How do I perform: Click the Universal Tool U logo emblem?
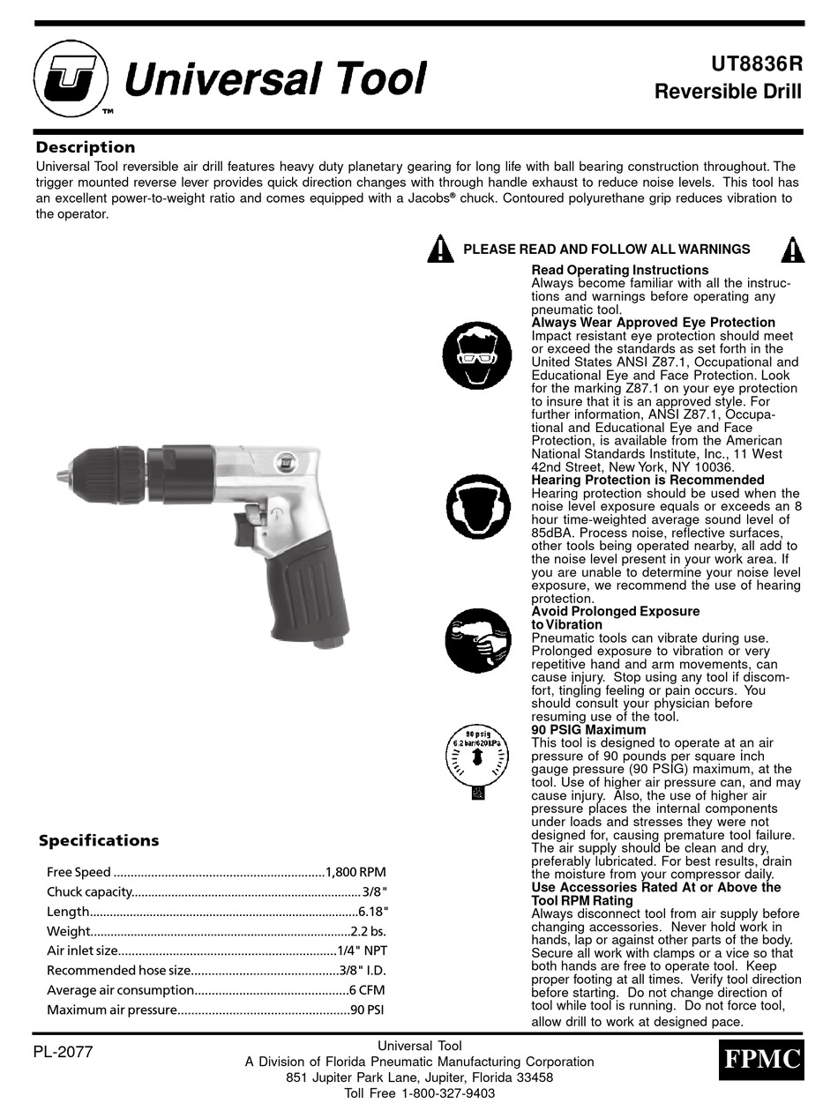(x=71, y=80)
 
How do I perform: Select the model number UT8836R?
(x=756, y=64)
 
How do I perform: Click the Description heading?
(x=86, y=147)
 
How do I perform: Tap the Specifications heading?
(x=99, y=840)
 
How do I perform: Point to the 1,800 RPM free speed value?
(x=355, y=872)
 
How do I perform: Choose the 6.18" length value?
(x=373, y=911)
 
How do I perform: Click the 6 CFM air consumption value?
(x=366, y=990)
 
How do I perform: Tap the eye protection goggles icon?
(x=476, y=356)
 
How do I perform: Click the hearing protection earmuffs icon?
(x=476, y=509)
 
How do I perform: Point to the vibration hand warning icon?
(x=476, y=640)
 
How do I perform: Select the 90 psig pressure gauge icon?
(x=477, y=760)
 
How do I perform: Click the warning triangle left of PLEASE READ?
(x=440, y=250)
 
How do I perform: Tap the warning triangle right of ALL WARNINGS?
(x=792, y=250)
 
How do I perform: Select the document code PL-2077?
(x=63, y=1051)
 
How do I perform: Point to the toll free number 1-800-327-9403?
(x=448, y=1093)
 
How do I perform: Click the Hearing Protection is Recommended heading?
(x=647, y=480)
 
